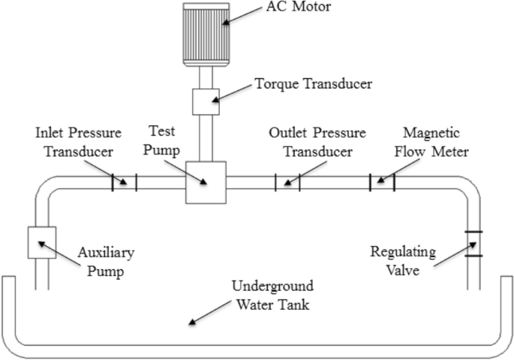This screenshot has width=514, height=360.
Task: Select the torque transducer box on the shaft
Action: point(206,101)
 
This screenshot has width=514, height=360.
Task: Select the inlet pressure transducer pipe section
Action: point(124,182)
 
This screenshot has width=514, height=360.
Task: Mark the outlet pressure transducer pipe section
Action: point(287,182)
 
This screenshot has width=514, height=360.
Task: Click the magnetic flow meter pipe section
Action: point(381,182)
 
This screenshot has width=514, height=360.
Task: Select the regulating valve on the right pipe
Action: point(473,244)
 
